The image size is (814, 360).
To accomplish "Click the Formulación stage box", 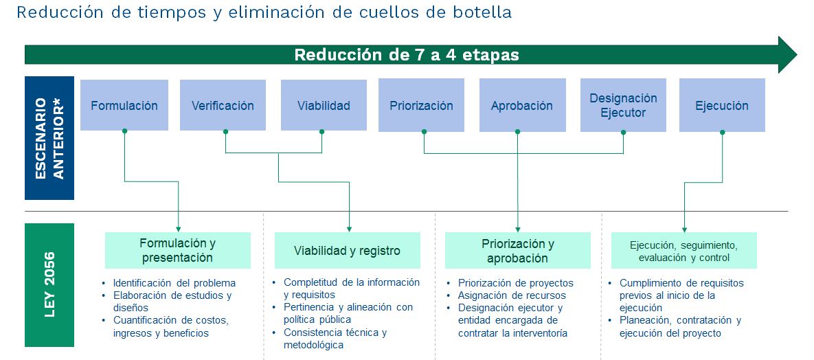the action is pyautogui.click(x=124, y=105).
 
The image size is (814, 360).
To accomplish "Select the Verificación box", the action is pyautogui.click(x=223, y=105).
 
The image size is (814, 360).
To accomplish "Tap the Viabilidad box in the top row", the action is pyautogui.click(x=324, y=105).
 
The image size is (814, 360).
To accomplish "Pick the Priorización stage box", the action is pyautogui.click(x=421, y=105).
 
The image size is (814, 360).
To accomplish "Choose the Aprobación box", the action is pyautogui.click(x=522, y=105).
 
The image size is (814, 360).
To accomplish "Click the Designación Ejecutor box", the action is pyautogui.click(x=623, y=105).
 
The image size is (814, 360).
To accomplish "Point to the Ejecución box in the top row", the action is pyautogui.click(x=722, y=105).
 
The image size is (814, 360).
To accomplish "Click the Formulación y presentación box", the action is pyautogui.click(x=177, y=250).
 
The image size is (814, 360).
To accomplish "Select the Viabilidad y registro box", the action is pyautogui.click(x=348, y=250).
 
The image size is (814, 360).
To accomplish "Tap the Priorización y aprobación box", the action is pyautogui.click(x=517, y=250).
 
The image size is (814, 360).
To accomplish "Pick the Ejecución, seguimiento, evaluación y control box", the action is pyautogui.click(x=683, y=250).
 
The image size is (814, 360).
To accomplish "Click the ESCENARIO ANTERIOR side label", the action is pyautogui.click(x=49, y=138).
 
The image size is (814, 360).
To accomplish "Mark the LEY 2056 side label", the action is pyautogui.click(x=49, y=284).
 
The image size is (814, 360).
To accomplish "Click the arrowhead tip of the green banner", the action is pyautogui.click(x=797, y=54).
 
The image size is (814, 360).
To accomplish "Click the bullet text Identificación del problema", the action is pyautogui.click(x=174, y=283).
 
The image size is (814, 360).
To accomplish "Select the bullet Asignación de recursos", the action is pyautogui.click(x=512, y=295).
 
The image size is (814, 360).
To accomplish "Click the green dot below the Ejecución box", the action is pyautogui.click(x=722, y=132).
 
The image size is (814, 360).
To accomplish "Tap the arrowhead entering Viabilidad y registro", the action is pyautogui.click(x=350, y=229).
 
